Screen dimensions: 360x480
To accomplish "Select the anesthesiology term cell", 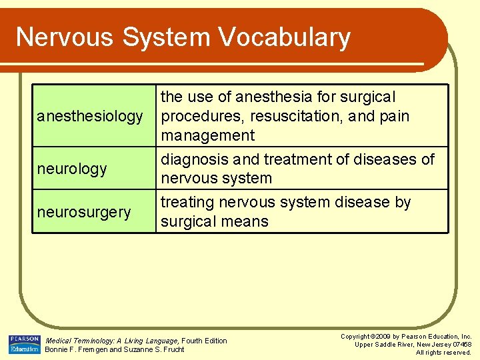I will tap(90, 117).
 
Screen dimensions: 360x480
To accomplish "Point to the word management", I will tap(208, 136).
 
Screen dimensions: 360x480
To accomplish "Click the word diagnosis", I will tap(194, 160).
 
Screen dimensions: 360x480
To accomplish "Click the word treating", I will tap(189, 203).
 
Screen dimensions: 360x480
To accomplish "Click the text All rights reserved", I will tap(444, 353).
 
